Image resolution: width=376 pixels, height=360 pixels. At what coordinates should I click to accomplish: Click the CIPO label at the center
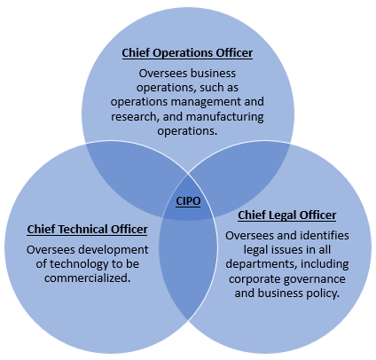[x=188, y=201]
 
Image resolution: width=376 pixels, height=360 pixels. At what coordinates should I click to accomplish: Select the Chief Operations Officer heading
[x=187, y=53]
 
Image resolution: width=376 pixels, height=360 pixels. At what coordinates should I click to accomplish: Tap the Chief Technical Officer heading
[x=88, y=230]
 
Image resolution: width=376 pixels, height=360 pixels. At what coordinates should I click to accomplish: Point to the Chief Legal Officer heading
[x=287, y=215]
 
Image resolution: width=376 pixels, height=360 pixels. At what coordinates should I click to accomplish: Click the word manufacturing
[x=225, y=116]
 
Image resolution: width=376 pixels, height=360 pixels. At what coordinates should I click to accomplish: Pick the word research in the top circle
[x=134, y=116]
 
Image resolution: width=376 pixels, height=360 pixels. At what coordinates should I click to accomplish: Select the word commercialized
[x=88, y=278]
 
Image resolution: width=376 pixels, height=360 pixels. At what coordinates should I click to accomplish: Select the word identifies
[x=325, y=236]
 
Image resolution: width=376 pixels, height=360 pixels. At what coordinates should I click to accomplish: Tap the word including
[x=325, y=264]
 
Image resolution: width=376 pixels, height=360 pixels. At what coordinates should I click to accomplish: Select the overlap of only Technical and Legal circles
[x=188, y=266]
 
